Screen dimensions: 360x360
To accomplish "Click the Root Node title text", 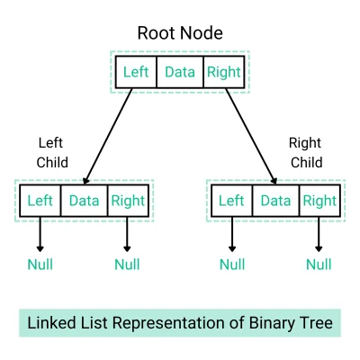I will tap(180, 33).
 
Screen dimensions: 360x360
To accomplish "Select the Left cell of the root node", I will tap(135, 72).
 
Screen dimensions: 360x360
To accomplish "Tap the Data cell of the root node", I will tap(180, 72).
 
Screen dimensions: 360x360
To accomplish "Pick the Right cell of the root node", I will tap(223, 72).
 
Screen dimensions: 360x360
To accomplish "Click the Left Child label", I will tap(52, 152).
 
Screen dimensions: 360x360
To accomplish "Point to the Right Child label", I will tap(304, 152).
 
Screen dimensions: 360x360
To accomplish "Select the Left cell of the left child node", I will tap(40, 201).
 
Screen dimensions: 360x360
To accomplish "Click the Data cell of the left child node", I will tap(84, 201).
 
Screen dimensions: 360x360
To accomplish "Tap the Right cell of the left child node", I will tap(127, 201).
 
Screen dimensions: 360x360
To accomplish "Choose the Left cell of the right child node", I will tap(232, 201).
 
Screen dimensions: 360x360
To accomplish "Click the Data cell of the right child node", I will tap(275, 201).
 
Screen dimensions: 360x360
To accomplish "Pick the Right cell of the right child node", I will tap(319, 201).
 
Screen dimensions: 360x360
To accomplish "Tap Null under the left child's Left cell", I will tap(40, 265).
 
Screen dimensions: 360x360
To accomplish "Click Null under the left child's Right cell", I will tap(127, 265).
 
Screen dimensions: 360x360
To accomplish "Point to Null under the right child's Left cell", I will tap(232, 265).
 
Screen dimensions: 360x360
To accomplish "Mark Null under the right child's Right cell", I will tap(319, 265).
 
